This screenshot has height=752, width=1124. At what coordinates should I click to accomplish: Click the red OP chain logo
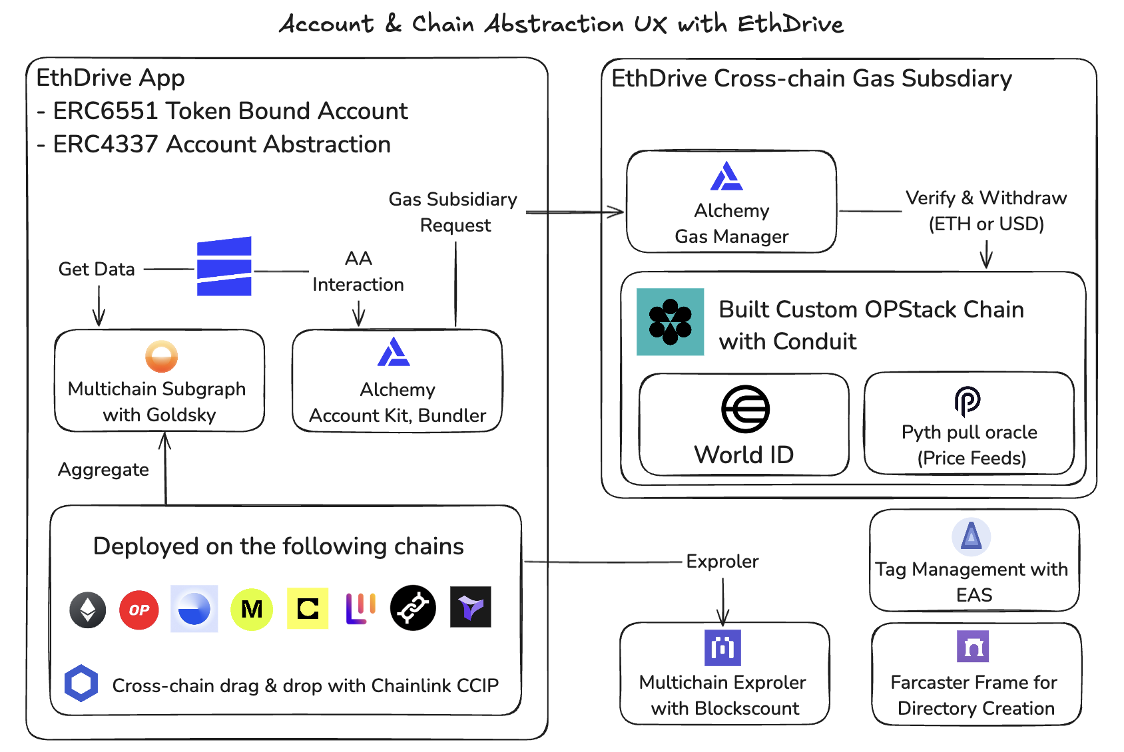coord(139,610)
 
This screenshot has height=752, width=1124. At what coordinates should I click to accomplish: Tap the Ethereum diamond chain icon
coord(88,610)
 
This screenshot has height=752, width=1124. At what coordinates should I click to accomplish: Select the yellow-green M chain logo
coord(252,609)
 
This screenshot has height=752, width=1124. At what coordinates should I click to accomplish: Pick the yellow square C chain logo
coord(308,608)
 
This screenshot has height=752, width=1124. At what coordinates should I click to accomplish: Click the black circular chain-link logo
coord(413,608)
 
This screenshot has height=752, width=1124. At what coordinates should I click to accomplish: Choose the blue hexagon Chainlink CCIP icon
coord(81,683)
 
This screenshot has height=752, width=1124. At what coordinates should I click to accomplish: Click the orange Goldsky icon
coord(161,357)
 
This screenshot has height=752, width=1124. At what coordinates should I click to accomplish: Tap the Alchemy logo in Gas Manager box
coord(726,176)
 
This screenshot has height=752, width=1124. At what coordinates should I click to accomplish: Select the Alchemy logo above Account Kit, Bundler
coord(394,353)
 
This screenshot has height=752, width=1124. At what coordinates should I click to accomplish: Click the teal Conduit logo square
coord(670,321)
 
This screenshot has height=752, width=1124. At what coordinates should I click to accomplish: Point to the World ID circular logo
coord(745,409)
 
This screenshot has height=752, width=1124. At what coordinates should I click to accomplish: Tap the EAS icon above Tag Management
coord(972,536)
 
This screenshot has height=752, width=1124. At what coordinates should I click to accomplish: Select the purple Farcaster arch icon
coord(973,646)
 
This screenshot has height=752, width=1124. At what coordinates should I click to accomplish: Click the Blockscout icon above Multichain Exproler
coord(722,647)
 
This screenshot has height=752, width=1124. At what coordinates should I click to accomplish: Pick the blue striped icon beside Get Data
coord(224,266)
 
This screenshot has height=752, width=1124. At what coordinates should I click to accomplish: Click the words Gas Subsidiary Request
coord(453,212)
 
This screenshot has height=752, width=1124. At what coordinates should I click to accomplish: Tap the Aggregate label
coord(103,470)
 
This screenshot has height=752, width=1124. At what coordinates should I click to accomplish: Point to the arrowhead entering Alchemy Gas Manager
coord(619,212)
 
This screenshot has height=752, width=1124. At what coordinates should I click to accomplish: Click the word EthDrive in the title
coord(790,24)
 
